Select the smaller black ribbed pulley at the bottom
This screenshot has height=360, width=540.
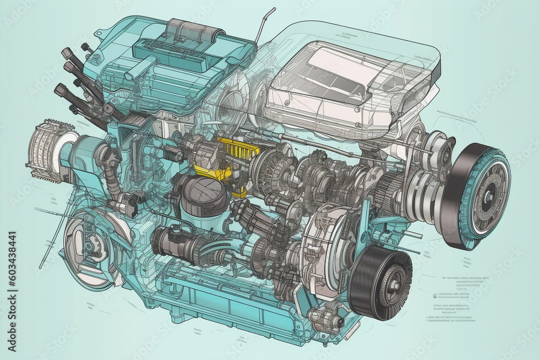pos(380,283)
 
